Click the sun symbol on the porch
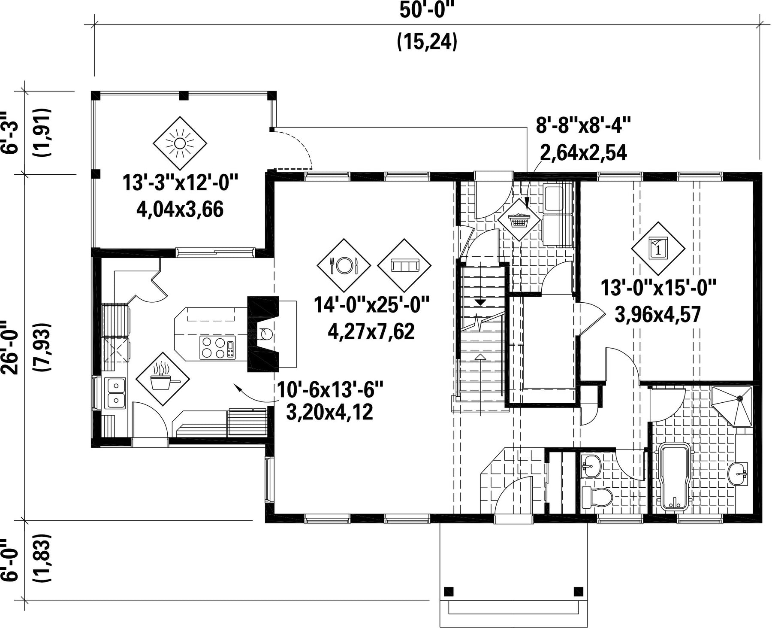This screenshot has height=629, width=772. pyautogui.click(x=180, y=143)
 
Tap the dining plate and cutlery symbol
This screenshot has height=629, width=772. pyautogui.click(x=344, y=265)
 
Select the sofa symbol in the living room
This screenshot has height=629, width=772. pyautogui.click(x=404, y=265)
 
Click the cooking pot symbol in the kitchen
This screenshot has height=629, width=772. pyautogui.click(x=163, y=379)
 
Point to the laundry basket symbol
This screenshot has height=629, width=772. pyautogui.click(x=519, y=219)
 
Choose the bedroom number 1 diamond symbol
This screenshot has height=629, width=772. pyautogui.click(x=658, y=248)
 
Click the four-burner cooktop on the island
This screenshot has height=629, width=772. pyautogui.click(x=218, y=347)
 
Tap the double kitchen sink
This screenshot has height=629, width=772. pyautogui.click(x=115, y=393)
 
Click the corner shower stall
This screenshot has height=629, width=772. pyautogui.click(x=733, y=406)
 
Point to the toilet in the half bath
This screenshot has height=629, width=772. pyautogui.click(x=597, y=498)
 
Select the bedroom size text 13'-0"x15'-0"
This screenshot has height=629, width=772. pyautogui.click(x=658, y=288)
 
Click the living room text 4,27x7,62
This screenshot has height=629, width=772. pyautogui.click(x=371, y=331)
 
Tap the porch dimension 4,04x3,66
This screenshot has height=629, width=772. pyautogui.click(x=180, y=210)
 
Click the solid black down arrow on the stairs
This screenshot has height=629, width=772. pyautogui.click(x=480, y=302)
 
